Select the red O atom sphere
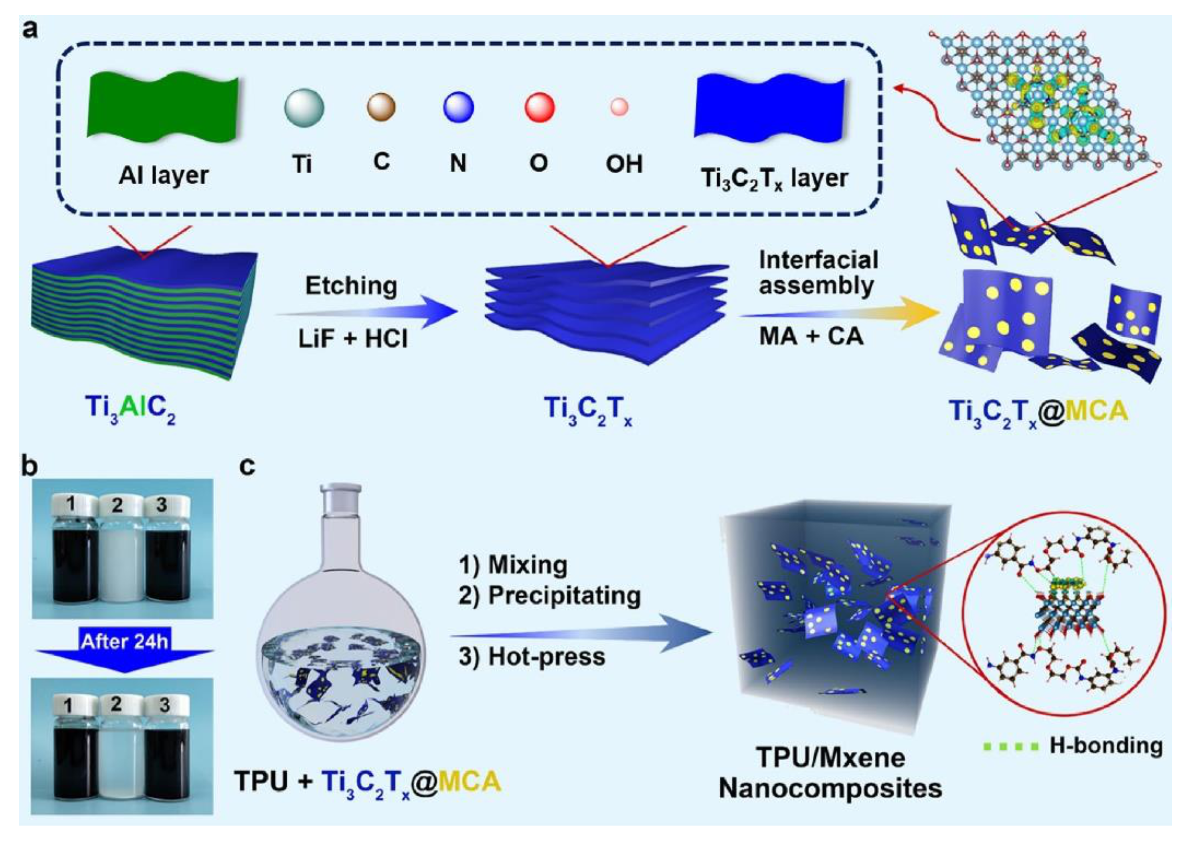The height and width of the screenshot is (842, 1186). coord(539,107)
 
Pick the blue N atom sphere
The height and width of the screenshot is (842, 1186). coord(458,107)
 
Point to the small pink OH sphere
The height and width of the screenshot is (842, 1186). coord(619,107)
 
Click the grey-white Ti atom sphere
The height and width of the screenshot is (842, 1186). coord(304,107)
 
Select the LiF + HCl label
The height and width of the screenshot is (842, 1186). coord(352,338)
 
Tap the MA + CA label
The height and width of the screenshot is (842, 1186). coord(811,336)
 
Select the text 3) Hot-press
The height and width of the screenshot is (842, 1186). coord(531,657)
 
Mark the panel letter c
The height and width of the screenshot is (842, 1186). coord(247,467)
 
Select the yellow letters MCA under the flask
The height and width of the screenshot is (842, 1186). coord(470,781)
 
